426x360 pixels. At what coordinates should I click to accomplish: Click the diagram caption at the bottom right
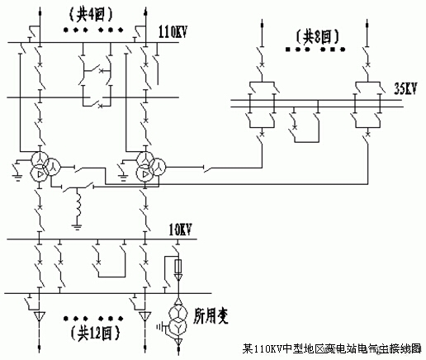click(x=334, y=349)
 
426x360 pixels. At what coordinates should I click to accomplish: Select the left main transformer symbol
click(x=38, y=168)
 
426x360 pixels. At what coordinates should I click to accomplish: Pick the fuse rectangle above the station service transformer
click(x=178, y=268)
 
